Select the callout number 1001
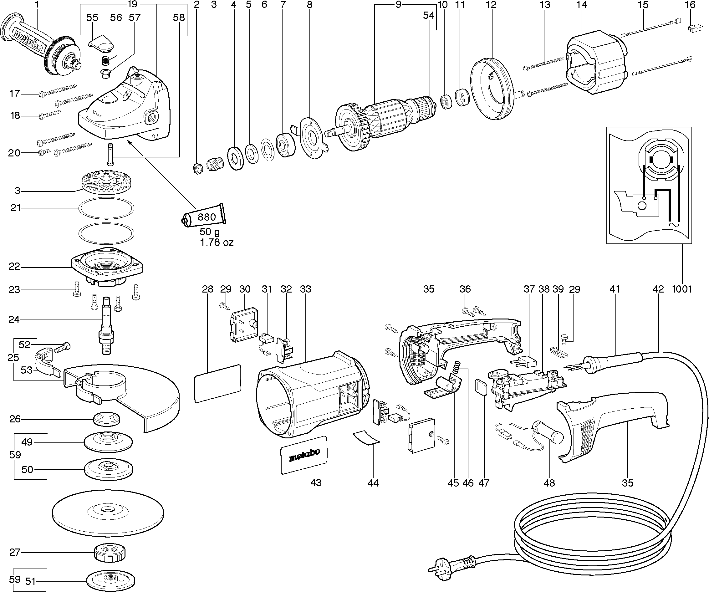click(x=682, y=289)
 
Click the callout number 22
click(x=14, y=267)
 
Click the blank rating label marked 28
click(x=218, y=383)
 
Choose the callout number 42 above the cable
click(x=658, y=289)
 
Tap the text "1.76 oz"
click(x=217, y=242)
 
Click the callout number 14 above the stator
click(x=582, y=5)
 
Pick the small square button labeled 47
click(x=481, y=387)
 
